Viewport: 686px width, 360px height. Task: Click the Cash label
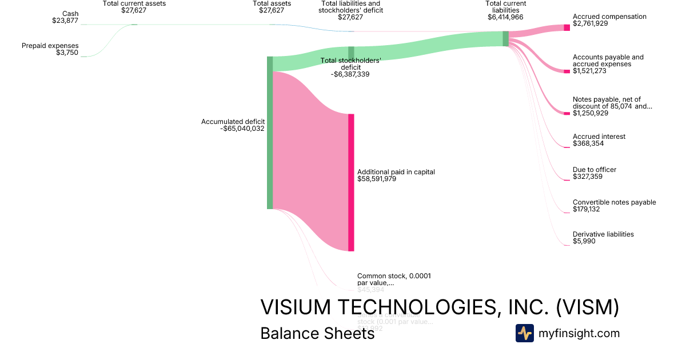point(70,14)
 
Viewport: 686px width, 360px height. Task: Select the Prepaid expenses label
point(50,46)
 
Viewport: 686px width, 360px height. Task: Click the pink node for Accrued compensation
point(567,27)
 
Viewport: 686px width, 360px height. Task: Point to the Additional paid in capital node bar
point(351,182)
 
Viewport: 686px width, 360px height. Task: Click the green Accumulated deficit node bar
point(270,133)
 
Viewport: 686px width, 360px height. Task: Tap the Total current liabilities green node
point(505,38)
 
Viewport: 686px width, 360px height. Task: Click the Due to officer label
point(595,170)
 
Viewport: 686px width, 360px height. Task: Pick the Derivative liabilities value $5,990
point(584,242)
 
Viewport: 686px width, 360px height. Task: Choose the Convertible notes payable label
point(614,202)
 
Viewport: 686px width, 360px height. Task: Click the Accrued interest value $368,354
point(588,143)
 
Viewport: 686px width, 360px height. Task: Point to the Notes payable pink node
point(567,113)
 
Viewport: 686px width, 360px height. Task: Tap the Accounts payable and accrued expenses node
point(567,71)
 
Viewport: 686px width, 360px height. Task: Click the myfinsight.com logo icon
point(525,333)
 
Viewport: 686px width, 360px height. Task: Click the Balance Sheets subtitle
point(317,333)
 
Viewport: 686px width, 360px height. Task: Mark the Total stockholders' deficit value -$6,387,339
point(350,74)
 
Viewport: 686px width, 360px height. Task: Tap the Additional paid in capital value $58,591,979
point(377,179)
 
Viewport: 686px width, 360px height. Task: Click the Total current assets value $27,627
point(134,10)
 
